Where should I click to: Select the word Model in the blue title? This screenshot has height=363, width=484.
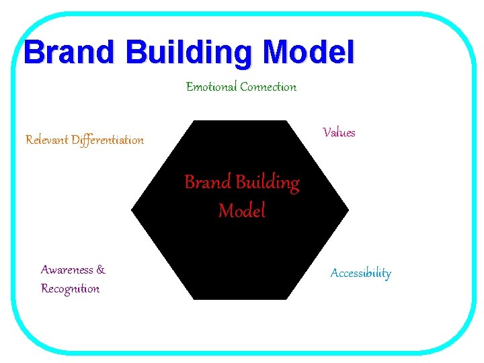[x=309, y=52]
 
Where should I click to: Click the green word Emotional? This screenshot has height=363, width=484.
[x=211, y=87]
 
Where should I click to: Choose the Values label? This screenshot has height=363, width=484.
[x=339, y=132]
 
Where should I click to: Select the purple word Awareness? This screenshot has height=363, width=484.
[x=67, y=270]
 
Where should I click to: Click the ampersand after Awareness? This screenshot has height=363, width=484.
[x=101, y=270]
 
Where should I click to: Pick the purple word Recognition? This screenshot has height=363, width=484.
[x=70, y=289]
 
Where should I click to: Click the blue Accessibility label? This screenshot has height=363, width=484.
[x=360, y=273]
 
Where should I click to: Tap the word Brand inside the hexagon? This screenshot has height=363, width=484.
[x=208, y=182]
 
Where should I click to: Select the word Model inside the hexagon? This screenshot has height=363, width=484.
[x=242, y=211]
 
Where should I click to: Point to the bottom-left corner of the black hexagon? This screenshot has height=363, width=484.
[x=194, y=299]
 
